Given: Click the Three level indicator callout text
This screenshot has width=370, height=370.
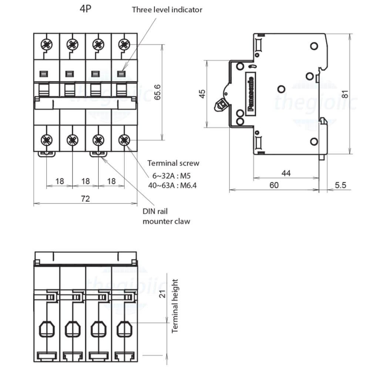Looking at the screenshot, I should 167,10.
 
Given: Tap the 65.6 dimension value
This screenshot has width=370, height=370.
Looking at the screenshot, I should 158,91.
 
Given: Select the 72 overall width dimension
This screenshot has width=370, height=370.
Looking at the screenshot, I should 85,199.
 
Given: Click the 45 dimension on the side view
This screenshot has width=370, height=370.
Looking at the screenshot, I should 202,94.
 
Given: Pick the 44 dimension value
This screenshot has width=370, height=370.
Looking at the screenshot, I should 286,173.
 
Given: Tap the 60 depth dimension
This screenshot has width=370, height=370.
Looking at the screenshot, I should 274,185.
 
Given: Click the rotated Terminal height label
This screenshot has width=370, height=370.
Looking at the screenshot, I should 175,306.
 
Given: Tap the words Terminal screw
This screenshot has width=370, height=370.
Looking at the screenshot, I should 173,163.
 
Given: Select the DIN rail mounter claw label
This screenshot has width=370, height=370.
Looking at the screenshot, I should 166,217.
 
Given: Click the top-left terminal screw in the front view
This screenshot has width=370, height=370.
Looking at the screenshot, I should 46,45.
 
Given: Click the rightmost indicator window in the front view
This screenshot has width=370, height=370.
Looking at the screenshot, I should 121,73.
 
